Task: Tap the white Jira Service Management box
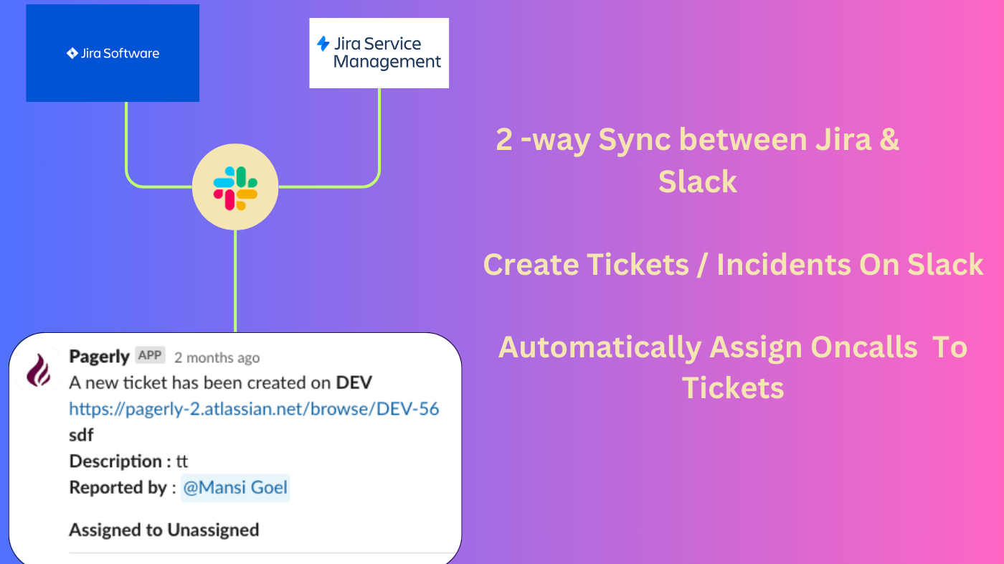[379, 53]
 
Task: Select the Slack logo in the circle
[235, 188]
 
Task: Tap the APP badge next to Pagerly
[150, 355]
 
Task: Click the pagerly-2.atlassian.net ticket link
[254, 409]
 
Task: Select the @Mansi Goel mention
[235, 488]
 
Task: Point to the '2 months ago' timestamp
[217, 357]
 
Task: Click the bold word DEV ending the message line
[354, 382]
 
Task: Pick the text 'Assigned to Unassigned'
[164, 530]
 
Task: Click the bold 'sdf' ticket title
[81, 435]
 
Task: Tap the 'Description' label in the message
[115, 461]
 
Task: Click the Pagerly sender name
[99, 356]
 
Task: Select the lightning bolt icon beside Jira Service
[323, 44]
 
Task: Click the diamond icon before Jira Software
[72, 53]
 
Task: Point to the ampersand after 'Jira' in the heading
[889, 139]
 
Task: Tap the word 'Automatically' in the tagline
[600, 347]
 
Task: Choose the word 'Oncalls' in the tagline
[864, 347]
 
